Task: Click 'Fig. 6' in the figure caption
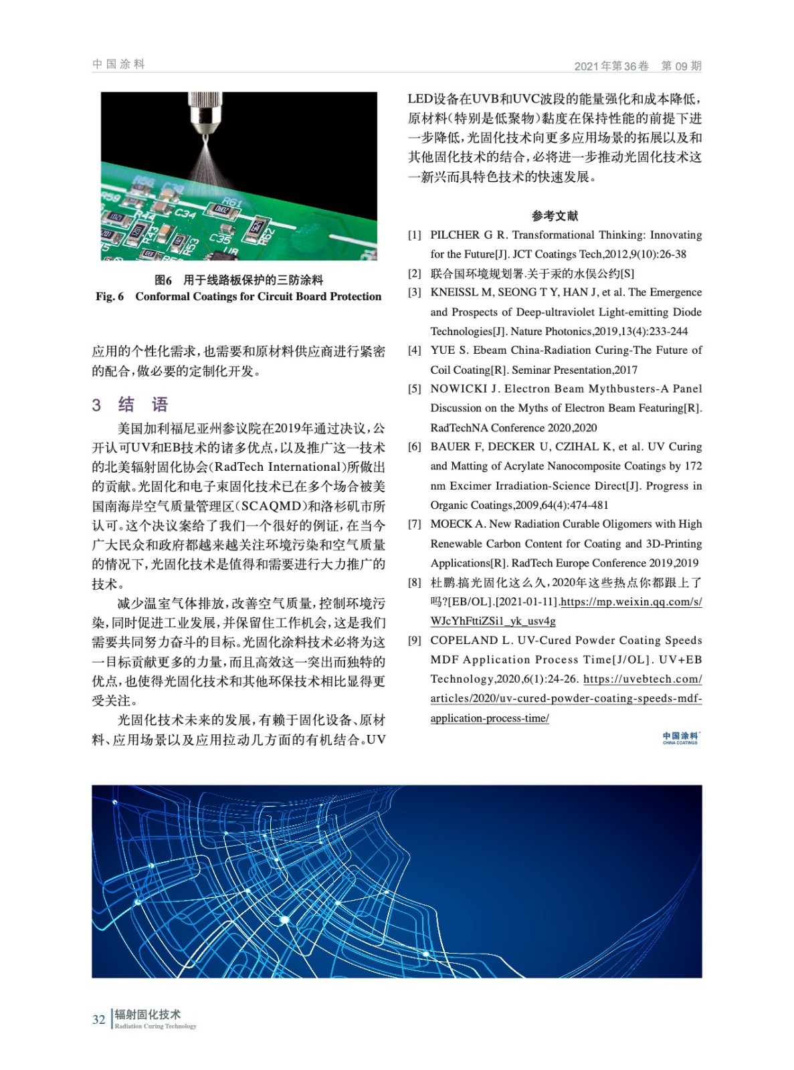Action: tap(110, 296)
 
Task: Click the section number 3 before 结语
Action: tap(96, 405)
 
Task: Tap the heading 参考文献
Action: tap(555, 215)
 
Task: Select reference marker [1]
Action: tap(415, 235)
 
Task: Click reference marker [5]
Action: tap(415, 389)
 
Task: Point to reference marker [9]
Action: tap(415, 640)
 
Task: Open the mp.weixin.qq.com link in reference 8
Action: tap(631, 602)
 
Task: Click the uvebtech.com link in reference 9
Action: tap(642, 679)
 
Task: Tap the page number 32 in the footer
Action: tap(98, 1019)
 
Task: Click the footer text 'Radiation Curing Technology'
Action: tap(155, 1026)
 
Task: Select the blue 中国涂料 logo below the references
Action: tap(680, 738)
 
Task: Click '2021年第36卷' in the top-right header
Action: tap(611, 66)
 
